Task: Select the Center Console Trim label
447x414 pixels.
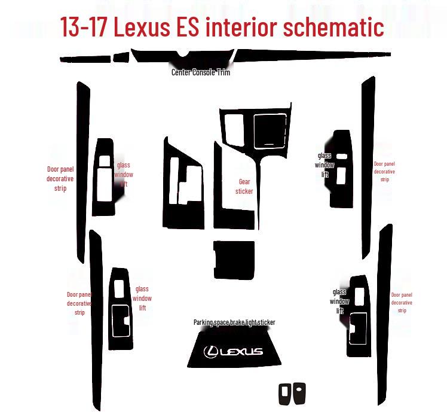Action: [x=201, y=72]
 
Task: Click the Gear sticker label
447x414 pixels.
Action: [x=244, y=187]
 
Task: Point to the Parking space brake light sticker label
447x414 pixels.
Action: [x=234, y=322]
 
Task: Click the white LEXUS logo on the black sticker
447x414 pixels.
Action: [x=233, y=351]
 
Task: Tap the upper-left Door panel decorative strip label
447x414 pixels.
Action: [x=60, y=179]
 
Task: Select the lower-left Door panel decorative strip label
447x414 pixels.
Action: [x=79, y=303]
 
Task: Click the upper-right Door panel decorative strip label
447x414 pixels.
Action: [x=384, y=171]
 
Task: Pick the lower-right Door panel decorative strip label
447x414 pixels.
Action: [x=402, y=303]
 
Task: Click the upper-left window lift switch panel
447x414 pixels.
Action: [x=103, y=177]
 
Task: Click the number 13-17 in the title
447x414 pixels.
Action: [x=85, y=27]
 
